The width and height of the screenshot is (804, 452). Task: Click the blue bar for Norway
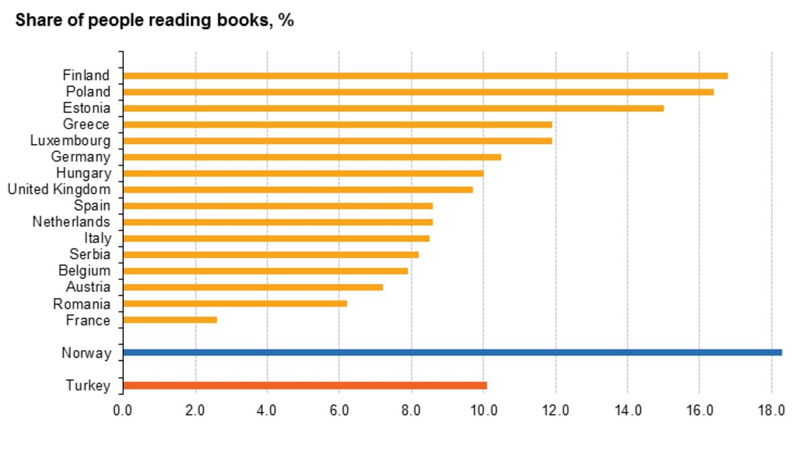pyautogui.click(x=452, y=352)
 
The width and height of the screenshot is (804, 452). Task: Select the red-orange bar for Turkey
pyautogui.click(x=305, y=385)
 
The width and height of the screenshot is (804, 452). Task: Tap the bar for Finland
pyautogui.click(x=425, y=76)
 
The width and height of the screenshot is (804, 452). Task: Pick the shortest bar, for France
pyautogui.click(x=170, y=320)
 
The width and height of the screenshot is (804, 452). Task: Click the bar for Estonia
pyautogui.click(x=393, y=108)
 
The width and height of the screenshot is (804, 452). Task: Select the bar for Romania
pyautogui.click(x=235, y=303)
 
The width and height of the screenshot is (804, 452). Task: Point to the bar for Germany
pyautogui.click(x=312, y=157)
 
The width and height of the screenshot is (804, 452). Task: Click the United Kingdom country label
pyautogui.click(x=59, y=190)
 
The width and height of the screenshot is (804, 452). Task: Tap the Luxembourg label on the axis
pyautogui.click(x=70, y=141)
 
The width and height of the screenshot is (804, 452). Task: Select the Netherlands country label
pyautogui.click(x=71, y=222)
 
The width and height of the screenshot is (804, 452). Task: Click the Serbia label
pyautogui.click(x=90, y=254)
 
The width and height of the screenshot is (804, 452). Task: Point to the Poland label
pyautogui.click(x=88, y=92)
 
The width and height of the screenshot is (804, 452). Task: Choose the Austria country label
pyautogui.click(x=88, y=287)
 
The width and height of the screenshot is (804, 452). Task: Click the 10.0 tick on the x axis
pyautogui.click(x=482, y=410)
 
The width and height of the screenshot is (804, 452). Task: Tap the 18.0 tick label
pyautogui.click(x=771, y=410)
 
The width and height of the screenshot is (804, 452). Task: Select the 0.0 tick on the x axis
pyautogui.click(x=123, y=410)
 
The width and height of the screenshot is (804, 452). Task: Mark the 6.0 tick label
pyautogui.click(x=339, y=410)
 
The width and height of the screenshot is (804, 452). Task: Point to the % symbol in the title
pyautogui.click(x=287, y=20)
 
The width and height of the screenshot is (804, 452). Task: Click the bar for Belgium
pyautogui.click(x=265, y=271)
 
